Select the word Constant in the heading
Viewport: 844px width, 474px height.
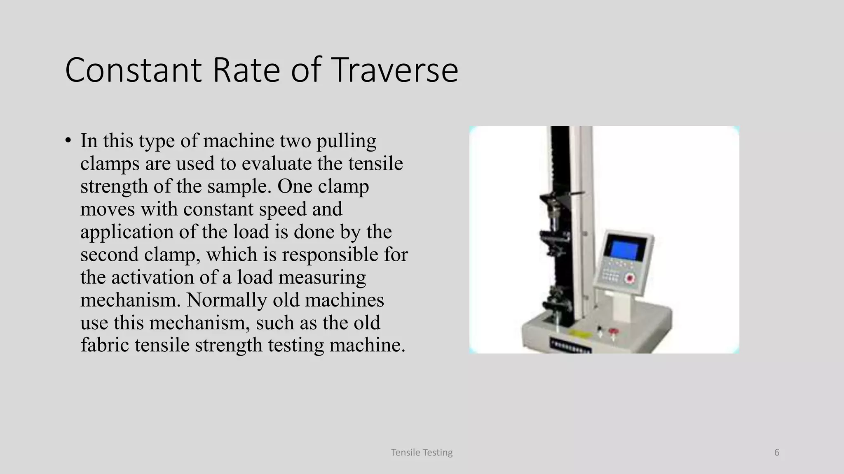(x=133, y=70)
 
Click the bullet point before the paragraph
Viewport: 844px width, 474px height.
(x=68, y=141)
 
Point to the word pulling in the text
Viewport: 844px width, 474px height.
(x=346, y=141)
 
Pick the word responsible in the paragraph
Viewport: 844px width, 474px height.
(x=330, y=255)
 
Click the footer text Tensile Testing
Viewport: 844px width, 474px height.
(x=422, y=453)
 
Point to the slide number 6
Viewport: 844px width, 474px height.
(x=777, y=453)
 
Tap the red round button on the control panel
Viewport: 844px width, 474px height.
(x=629, y=279)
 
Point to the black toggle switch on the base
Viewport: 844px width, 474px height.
(x=600, y=330)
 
